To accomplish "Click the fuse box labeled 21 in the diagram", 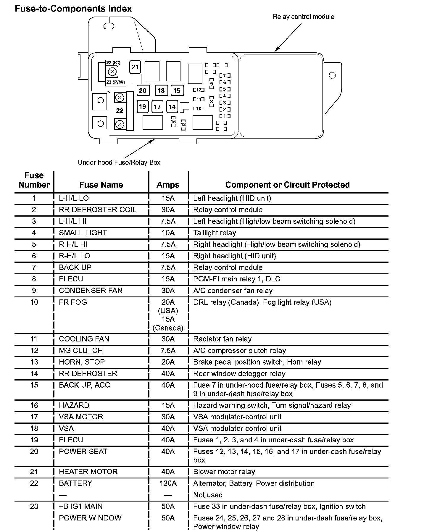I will (135, 67).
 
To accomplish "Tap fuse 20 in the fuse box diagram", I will (143, 90).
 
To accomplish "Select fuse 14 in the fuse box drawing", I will (172, 107).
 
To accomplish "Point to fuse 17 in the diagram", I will (157, 107).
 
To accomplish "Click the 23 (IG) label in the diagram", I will (113, 63).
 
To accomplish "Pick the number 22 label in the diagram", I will (120, 110).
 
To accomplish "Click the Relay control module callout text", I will (303, 17).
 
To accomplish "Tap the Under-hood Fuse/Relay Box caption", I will (119, 162).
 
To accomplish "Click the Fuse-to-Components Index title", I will (73, 9).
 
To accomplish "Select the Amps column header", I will (168, 185).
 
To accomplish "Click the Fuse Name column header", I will (101, 185).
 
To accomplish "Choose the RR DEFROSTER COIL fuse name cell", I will (98, 210).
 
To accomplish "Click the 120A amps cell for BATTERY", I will (168, 483).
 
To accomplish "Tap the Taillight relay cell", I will (215, 233).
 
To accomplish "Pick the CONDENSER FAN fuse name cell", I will (91, 291).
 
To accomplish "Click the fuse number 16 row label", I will (34, 405).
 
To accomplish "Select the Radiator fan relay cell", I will (222, 339).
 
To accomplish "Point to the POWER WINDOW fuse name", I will (90, 518).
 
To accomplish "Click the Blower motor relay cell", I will (224, 472).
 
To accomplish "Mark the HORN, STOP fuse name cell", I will (82, 362).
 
